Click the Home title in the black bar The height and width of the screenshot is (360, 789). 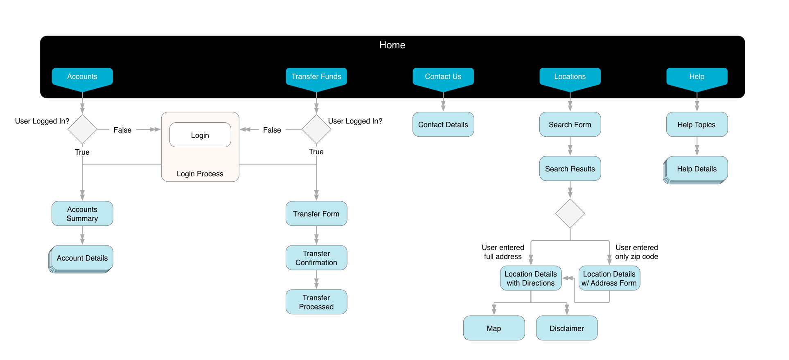[x=392, y=45]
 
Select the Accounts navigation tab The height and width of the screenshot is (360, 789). [x=82, y=77]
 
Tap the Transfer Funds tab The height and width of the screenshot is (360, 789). [x=316, y=77]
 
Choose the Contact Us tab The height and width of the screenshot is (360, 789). [x=443, y=77]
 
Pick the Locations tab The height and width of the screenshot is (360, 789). [x=570, y=77]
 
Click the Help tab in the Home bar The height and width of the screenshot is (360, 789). [x=697, y=77]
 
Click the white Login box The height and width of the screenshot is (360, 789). [x=200, y=135]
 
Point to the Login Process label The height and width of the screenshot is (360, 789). [x=200, y=174]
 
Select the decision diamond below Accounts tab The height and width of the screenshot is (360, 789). [x=82, y=129]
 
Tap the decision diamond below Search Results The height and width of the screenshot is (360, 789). [x=570, y=214]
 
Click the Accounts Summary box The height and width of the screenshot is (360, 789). [x=82, y=214]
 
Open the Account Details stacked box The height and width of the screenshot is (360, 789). [x=82, y=258]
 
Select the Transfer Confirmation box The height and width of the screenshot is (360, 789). [x=316, y=258]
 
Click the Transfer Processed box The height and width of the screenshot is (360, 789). [x=316, y=302]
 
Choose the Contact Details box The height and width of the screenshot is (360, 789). [x=443, y=124]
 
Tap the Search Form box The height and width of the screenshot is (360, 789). [x=570, y=124]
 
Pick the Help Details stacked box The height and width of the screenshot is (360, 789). [x=697, y=169]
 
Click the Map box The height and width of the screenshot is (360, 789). [x=494, y=328]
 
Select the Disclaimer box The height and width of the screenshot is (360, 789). [x=567, y=328]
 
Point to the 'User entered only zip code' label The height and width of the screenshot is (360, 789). [x=637, y=252]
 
